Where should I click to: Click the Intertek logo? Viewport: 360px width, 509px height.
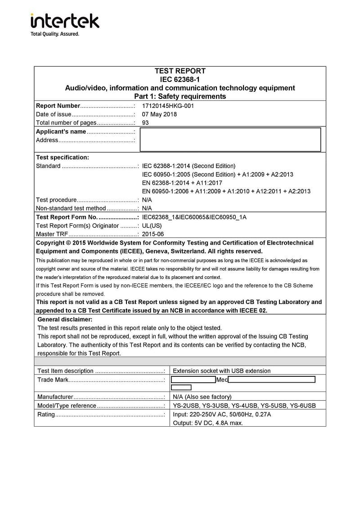[x=65, y=21]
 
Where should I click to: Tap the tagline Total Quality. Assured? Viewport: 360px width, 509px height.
[x=54, y=34]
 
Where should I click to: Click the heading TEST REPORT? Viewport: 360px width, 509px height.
[x=180, y=71]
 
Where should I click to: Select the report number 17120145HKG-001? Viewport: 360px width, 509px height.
[x=168, y=106]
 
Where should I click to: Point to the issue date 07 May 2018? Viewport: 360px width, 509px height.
[x=159, y=114]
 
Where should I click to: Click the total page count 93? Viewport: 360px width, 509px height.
[x=145, y=123]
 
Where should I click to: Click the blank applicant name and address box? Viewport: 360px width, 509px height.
[x=230, y=139]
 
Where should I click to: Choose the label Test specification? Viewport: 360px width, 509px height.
[x=63, y=157]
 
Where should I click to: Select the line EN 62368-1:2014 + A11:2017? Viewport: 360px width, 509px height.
[x=182, y=183]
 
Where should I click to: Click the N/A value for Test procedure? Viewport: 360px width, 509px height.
[x=147, y=200]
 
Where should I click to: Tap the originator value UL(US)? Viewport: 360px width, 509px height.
[x=152, y=226]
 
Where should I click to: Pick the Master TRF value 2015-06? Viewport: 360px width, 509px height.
[x=153, y=234]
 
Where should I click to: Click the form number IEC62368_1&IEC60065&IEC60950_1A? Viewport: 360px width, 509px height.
[x=194, y=217]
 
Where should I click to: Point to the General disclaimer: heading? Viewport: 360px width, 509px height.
[x=65, y=320]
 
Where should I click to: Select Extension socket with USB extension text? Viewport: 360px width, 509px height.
[x=221, y=371]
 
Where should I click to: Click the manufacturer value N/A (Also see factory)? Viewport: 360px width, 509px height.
[x=202, y=397]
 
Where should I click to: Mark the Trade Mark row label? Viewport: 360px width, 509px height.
[x=53, y=380]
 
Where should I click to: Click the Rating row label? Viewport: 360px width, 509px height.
[x=46, y=415]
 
